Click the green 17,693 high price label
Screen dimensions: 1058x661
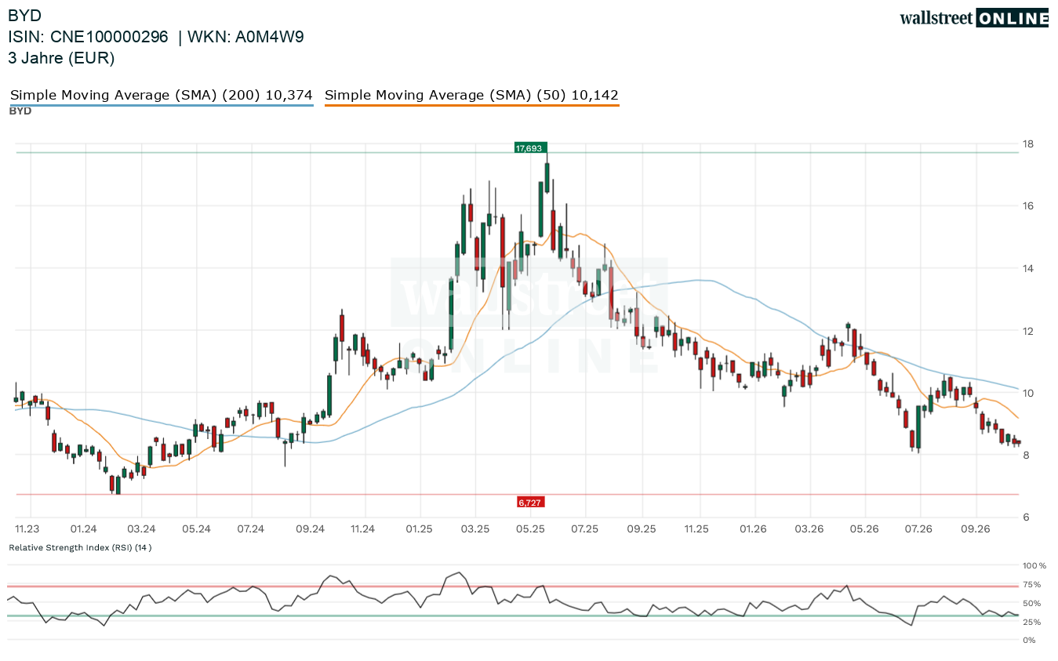click(530, 148)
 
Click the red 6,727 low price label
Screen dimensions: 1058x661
click(530, 503)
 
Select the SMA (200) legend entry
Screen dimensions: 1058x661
click(162, 95)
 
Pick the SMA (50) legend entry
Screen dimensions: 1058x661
click(471, 95)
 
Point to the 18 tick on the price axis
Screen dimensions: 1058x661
click(1027, 144)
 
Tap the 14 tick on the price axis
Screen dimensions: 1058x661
click(1027, 269)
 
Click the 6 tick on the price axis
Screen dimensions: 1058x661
click(1026, 517)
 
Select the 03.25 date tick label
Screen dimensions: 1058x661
click(475, 528)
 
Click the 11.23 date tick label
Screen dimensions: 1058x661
click(27, 528)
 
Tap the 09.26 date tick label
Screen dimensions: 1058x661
click(976, 528)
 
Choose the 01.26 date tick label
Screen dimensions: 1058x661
click(754, 528)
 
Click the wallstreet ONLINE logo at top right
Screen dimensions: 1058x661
click(974, 18)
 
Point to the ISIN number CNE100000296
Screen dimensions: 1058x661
click(109, 37)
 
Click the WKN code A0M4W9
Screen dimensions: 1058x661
click(269, 37)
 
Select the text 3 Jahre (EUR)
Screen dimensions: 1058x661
click(61, 58)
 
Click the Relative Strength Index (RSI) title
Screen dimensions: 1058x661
click(80, 547)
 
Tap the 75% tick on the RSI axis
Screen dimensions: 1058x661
click(1031, 584)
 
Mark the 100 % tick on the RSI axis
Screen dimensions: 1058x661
click(1034, 565)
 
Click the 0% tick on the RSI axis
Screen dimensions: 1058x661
click(1029, 641)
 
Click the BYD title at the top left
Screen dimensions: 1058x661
click(24, 16)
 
